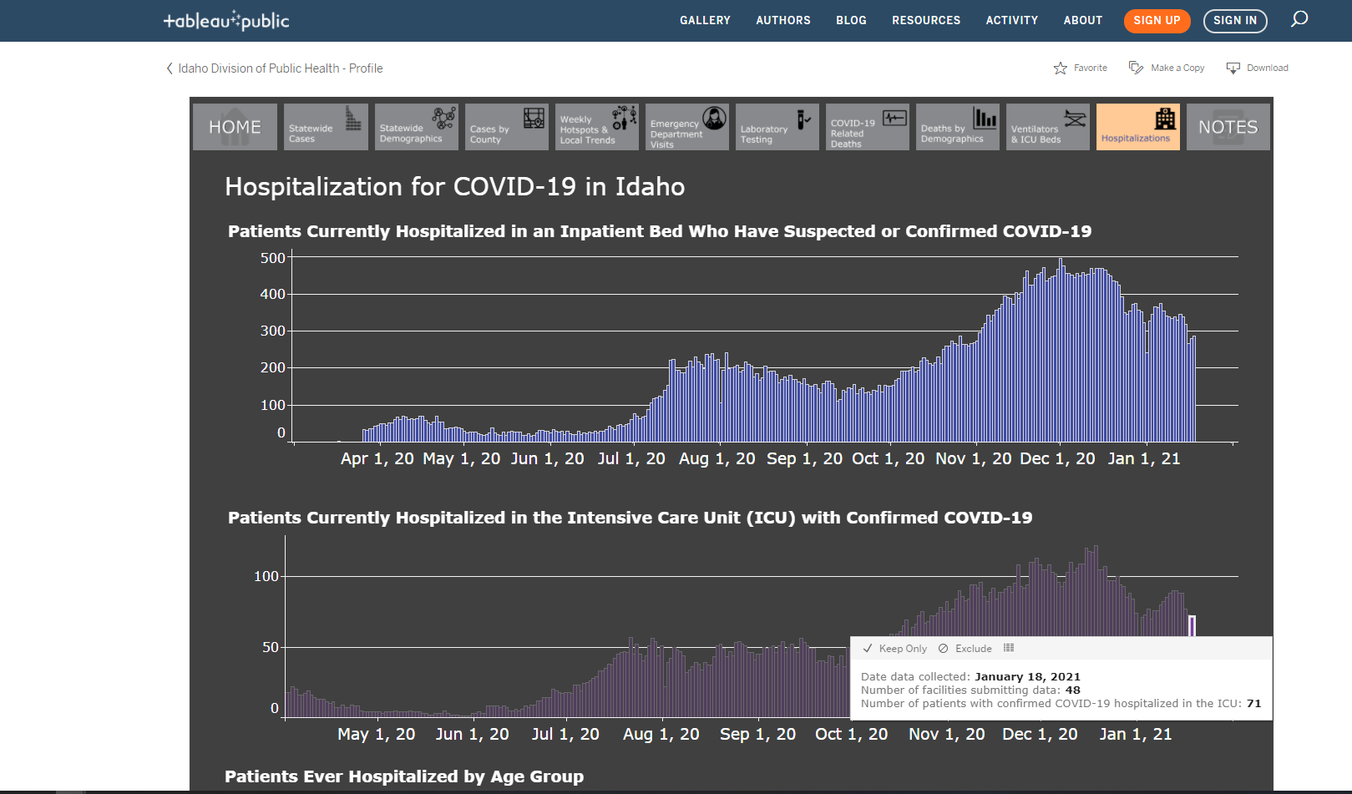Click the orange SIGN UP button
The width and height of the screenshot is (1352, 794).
[x=1157, y=21]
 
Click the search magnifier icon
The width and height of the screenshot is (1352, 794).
[x=1299, y=19]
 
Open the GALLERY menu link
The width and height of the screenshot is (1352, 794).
[x=705, y=21]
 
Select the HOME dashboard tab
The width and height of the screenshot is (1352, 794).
[x=235, y=127]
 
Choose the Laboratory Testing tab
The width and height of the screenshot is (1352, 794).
[x=777, y=127]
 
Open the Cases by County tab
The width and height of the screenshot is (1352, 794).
[x=506, y=127]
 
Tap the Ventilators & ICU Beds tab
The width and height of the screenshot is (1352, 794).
[x=1048, y=127]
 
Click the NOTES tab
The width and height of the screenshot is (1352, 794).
[x=1228, y=127]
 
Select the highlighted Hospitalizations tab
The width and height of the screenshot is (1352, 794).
[x=1137, y=127]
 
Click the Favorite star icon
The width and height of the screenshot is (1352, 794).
[x=1061, y=68]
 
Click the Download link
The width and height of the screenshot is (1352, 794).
[x=1258, y=68]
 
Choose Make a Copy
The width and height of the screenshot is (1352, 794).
[x=1167, y=68]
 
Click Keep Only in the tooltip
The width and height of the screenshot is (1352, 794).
[x=894, y=648]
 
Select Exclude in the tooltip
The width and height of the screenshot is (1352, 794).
[x=965, y=648]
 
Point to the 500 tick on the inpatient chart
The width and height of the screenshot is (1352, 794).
[x=273, y=258]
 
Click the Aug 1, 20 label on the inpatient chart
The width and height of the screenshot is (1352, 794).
[x=717, y=458]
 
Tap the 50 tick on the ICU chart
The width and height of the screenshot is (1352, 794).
[x=271, y=647]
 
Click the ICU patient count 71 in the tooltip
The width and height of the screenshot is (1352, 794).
[x=1253, y=704]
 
